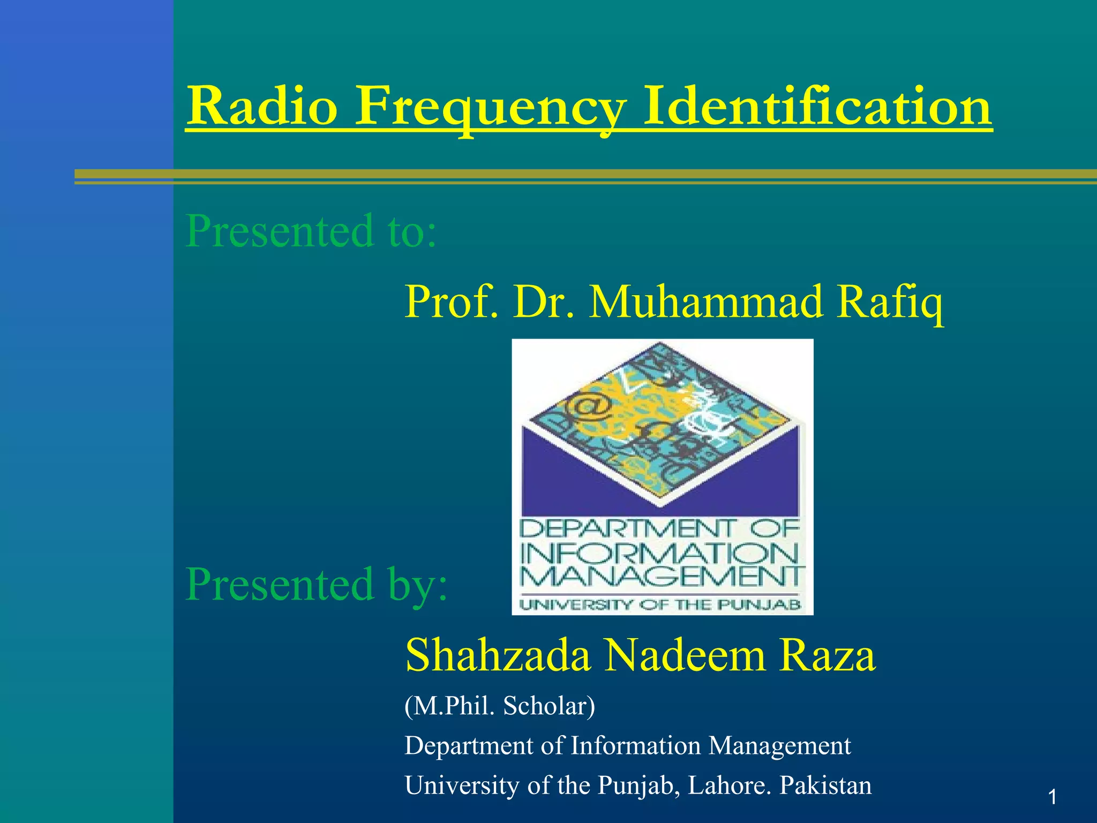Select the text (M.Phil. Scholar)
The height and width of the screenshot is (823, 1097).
click(x=499, y=706)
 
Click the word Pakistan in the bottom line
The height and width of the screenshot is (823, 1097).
click(x=825, y=785)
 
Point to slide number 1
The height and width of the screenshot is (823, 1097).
click(x=1052, y=798)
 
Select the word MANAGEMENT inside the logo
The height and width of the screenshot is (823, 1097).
click(x=662, y=577)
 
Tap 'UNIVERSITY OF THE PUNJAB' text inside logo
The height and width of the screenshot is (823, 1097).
click(x=661, y=605)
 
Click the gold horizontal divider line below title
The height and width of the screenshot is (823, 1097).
click(x=584, y=175)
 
